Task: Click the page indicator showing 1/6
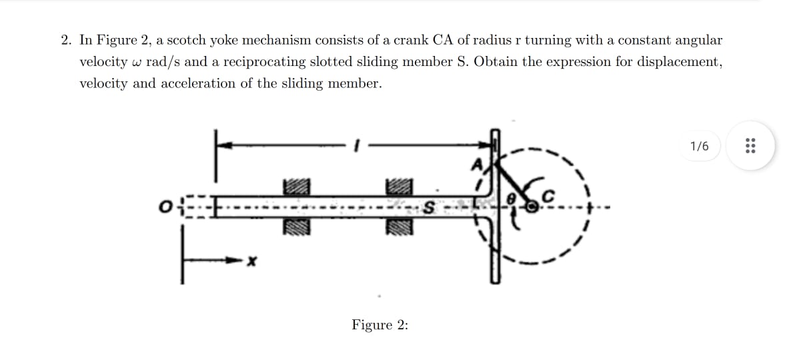[700, 146]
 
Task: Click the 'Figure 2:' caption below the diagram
[380, 325]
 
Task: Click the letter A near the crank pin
[478, 163]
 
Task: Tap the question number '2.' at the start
[67, 40]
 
